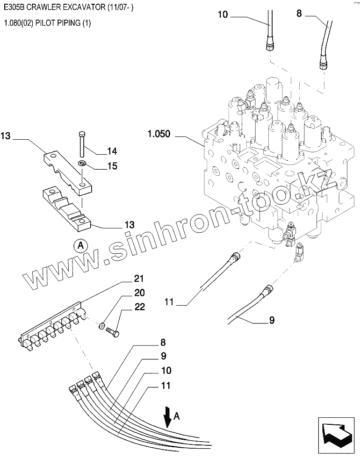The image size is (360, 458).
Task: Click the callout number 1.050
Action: point(159,135)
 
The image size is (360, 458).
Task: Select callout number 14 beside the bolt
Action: point(112,151)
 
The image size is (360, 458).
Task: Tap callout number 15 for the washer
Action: point(112,166)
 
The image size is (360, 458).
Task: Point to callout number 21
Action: point(138,279)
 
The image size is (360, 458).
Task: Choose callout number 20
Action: point(140,293)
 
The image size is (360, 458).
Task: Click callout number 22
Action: point(140,307)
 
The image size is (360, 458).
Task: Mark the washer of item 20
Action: point(101,325)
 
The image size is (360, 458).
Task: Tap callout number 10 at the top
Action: point(223,14)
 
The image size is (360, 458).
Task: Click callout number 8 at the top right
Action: point(299,14)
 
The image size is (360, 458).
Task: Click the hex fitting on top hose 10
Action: point(270,46)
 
